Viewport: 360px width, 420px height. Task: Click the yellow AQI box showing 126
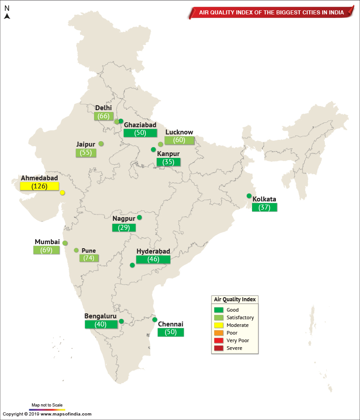(x=40, y=186)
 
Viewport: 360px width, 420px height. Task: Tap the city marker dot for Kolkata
(x=249, y=196)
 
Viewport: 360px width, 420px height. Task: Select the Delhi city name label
(x=103, y=108)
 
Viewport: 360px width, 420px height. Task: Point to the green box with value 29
(x=124, y=228)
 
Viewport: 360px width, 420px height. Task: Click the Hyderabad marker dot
(x=132, y=265)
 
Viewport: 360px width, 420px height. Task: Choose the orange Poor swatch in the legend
(x=219, y=333)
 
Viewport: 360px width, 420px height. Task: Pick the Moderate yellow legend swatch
(x=219, y=325)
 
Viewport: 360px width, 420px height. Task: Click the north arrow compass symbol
(x=7, y=14)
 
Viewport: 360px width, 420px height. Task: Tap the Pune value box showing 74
(x=89, y=258)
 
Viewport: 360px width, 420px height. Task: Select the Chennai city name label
(x=170, y=324)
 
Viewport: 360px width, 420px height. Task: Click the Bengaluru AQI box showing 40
(x=100, y=324)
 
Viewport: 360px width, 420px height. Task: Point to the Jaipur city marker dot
(x=101, y=143)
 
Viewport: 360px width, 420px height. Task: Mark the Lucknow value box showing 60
(x=179, y=140)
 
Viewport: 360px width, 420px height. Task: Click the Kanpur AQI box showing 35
(x=168, y=162)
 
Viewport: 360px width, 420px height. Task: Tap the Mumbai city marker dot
(x=65, y=243)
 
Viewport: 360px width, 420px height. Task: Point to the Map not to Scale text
(x=47, y=405)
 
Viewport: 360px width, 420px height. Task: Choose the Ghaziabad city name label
(x=140, y=125)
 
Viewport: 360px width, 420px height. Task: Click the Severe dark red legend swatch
(x=219, y=348)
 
